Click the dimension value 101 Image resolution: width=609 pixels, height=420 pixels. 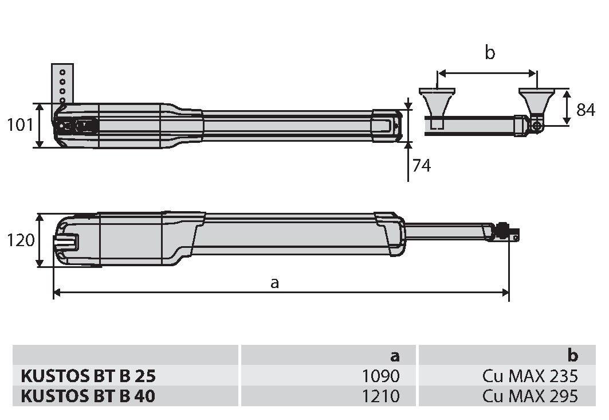[x=20, y=125]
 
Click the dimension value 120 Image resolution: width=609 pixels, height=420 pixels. [x=21, y=240]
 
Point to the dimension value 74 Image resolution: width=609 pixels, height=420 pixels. [x=422, y=166]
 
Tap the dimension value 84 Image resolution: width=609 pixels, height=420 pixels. [x=586, y=110]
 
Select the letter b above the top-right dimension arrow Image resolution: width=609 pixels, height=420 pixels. [x=490, y=52]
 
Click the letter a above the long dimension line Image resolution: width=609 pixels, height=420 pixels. [x=274, y=283]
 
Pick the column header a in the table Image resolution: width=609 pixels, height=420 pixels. [x=395, y=356]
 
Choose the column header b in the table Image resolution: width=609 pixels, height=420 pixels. [x=572, y=355]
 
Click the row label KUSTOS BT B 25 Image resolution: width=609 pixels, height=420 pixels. [x=88, y=376]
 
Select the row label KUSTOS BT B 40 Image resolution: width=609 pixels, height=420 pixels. [x=88, y=396]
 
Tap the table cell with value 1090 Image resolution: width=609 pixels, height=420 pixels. [x=380, y=376]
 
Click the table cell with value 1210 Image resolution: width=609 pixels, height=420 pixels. [x=380, y=396]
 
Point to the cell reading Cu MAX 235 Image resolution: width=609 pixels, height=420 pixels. [x=530, y=376]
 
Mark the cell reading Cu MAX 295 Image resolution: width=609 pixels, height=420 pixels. [x=530, y=396]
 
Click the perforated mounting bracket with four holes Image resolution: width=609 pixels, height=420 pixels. [x=62, y=84]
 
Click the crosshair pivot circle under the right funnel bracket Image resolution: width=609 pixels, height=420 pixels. [x=537, y=126]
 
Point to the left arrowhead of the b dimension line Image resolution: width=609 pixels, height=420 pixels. [x=442, y=73]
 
